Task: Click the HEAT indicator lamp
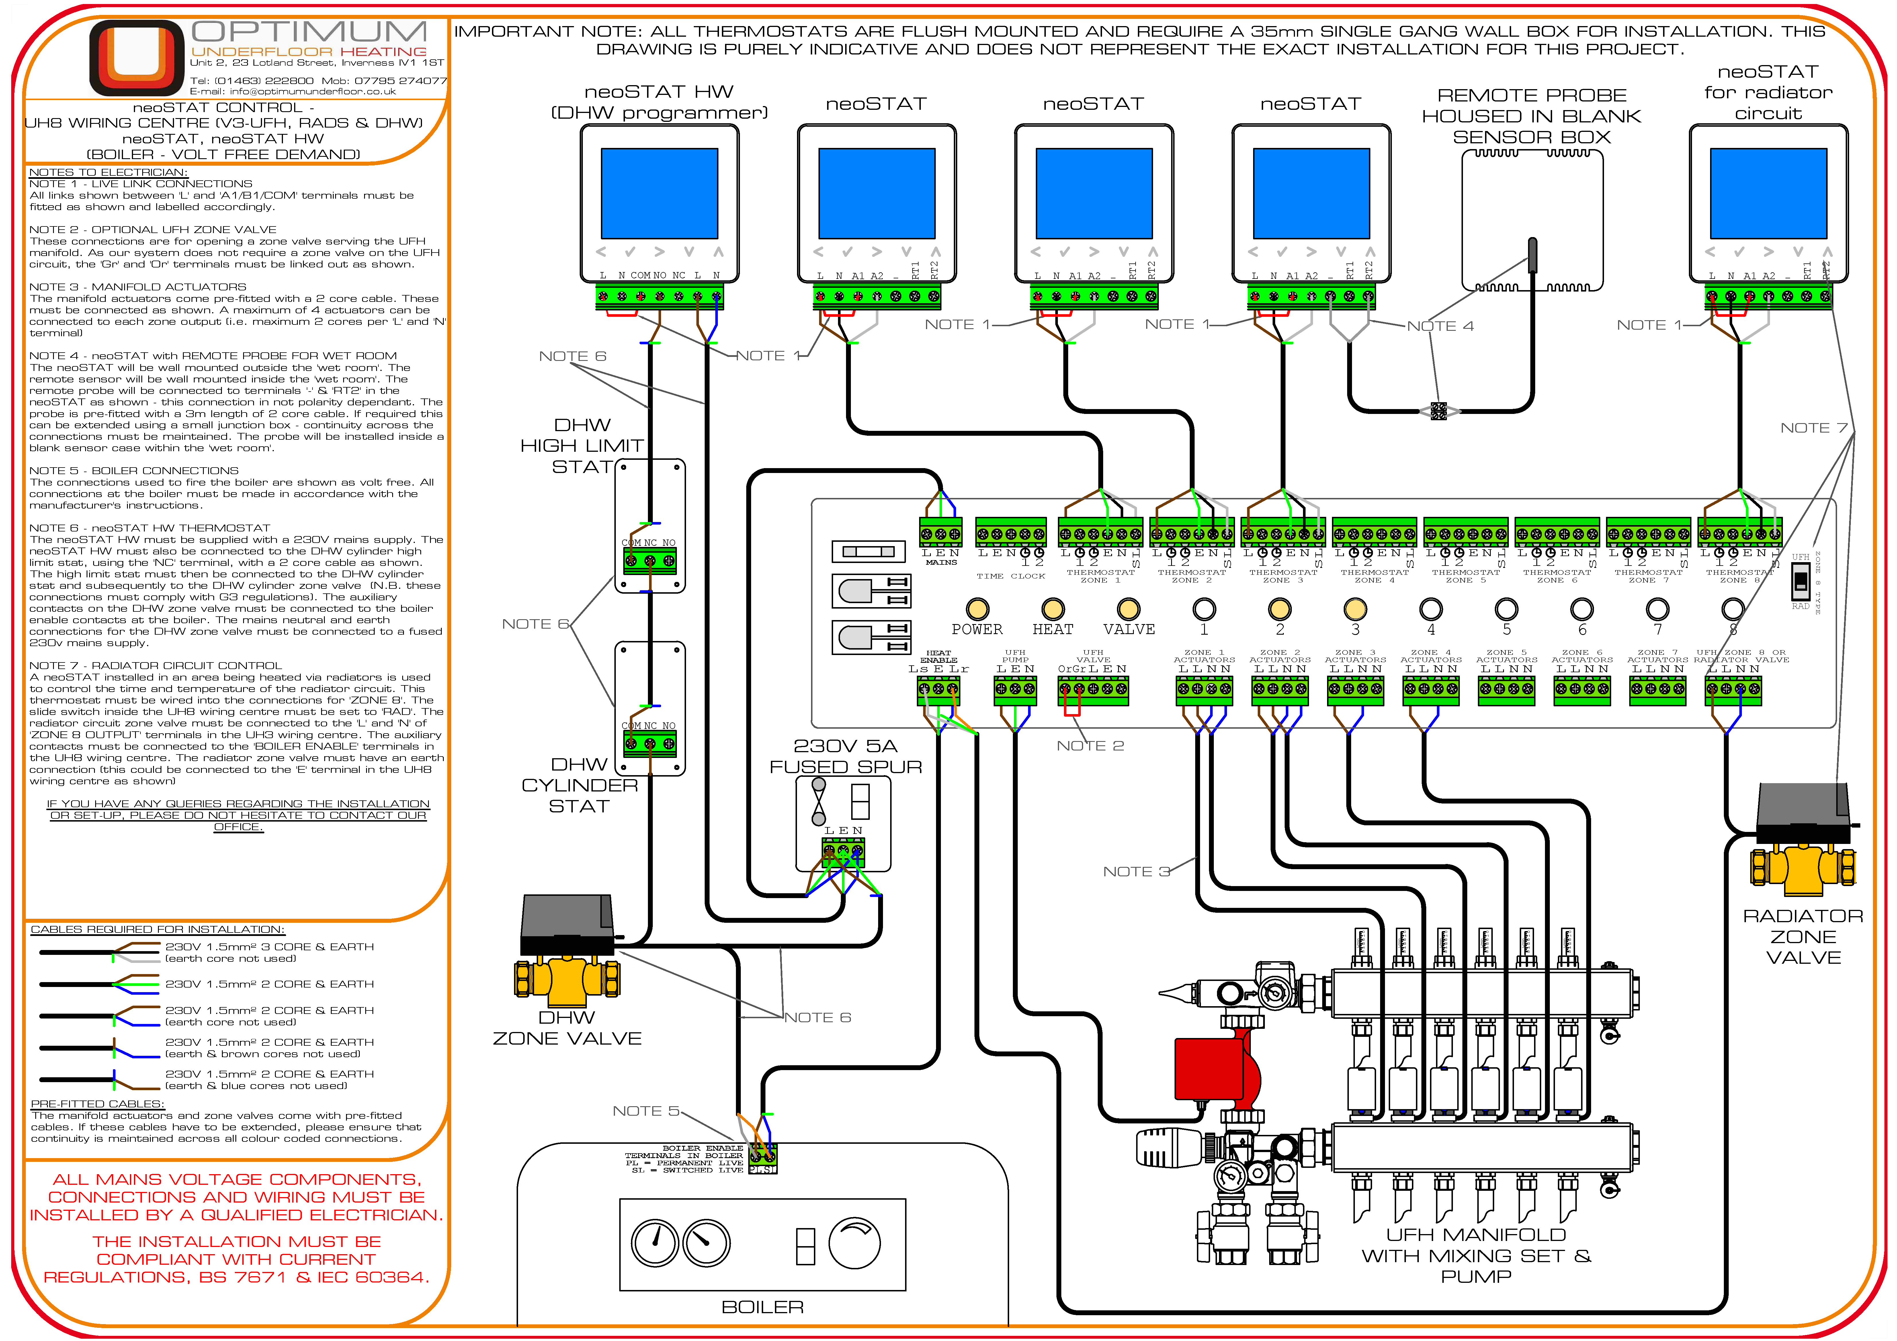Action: [1053, 609]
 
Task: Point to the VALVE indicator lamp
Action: [1129, 609]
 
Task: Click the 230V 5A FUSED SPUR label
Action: [845, 756]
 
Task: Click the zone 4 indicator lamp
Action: [1430, 609]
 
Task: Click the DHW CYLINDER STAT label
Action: [579, 785]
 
